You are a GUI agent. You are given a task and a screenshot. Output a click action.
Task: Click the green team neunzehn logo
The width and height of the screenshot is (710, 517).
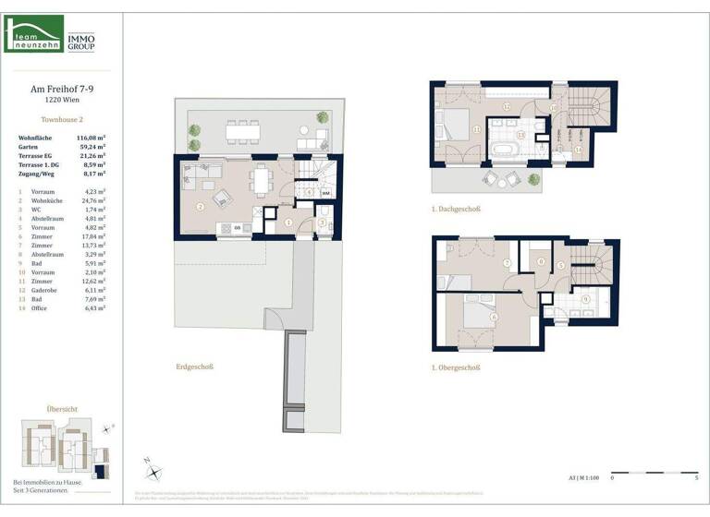(x=34, y=34)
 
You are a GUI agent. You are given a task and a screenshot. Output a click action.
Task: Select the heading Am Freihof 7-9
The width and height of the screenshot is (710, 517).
(x=62, y=90)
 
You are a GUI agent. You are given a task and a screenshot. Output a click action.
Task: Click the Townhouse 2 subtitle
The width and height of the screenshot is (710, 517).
(x=62, y=120)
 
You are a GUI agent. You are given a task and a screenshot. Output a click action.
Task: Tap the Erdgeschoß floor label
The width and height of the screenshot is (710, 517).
(x=195, y=367)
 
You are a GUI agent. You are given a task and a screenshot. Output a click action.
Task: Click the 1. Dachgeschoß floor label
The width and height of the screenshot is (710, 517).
(x=457, y=209)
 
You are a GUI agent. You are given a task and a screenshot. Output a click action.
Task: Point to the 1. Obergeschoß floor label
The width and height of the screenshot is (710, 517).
(x=456, y=367)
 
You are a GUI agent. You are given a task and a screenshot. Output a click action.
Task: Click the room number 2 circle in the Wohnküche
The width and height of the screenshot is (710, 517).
(x=200, y=206)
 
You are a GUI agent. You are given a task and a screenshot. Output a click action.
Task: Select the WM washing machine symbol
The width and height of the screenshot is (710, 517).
(x=326, y=194)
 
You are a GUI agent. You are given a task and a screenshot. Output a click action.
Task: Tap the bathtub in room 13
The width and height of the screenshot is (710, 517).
(x=507, y=148)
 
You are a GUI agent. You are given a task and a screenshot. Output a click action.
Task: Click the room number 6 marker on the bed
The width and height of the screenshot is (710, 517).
(x=496, y=318)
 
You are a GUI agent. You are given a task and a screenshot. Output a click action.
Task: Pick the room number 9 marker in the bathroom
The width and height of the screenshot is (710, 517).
(x=585, y=299)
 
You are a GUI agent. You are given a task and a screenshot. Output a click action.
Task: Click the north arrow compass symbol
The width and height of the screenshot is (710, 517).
(x=153, y=470)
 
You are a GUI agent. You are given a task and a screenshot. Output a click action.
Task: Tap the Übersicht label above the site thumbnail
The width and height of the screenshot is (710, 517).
(x=62, y=408)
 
